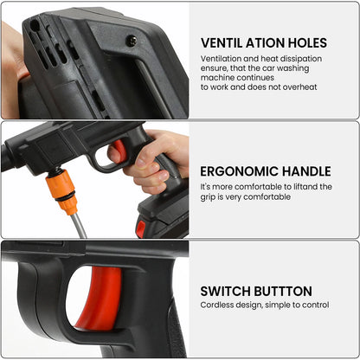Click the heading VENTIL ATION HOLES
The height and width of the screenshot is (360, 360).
263,42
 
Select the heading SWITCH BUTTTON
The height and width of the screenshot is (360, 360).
256,292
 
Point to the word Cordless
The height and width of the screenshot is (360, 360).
218,305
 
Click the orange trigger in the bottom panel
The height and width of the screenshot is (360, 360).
100,299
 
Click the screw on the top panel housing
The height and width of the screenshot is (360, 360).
131,41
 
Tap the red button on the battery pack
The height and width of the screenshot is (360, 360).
140,228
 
